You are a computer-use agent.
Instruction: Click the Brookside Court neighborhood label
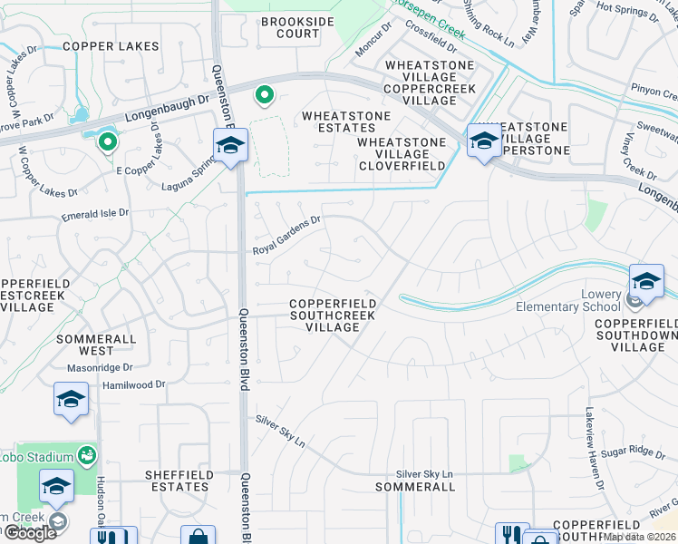click(290, 27)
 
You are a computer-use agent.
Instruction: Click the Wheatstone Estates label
click(346, 122)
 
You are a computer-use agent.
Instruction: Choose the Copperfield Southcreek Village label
click(332, 316)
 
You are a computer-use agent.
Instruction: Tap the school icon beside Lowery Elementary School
click(646, 279)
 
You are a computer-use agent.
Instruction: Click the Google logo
click(30, 532)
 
